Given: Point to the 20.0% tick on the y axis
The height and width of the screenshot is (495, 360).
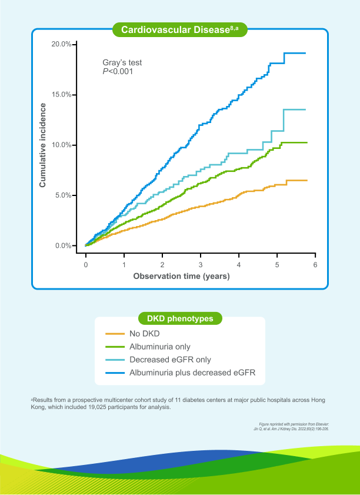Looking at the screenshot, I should pos(62,44).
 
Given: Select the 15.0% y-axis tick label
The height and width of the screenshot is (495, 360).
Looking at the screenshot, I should pos(62,95).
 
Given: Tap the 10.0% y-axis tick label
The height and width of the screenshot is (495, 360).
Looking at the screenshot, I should pos(62,145).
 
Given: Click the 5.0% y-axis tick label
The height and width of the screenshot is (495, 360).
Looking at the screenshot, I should pos(64,195).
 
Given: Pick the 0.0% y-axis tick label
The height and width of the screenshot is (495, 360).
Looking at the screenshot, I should pos(64,245).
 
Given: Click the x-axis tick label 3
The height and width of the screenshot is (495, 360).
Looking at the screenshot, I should pos(201,265).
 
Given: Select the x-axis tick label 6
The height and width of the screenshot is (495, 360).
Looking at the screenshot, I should pos(315,265).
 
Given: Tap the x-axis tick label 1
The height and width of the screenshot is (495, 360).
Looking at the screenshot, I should pos(124,265).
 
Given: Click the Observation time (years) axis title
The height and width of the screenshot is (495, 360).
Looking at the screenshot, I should pos(181,275).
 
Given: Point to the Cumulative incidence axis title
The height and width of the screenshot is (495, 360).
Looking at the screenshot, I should pos(42,145).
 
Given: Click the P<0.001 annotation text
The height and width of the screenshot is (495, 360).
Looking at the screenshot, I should pos(118,71).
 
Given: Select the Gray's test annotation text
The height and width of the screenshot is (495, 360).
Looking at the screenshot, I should pos(122,62).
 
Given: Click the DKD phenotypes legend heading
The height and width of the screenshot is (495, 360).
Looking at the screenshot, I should pos(180,318).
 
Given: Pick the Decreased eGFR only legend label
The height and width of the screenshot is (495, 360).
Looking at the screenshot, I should pos(169,360).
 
